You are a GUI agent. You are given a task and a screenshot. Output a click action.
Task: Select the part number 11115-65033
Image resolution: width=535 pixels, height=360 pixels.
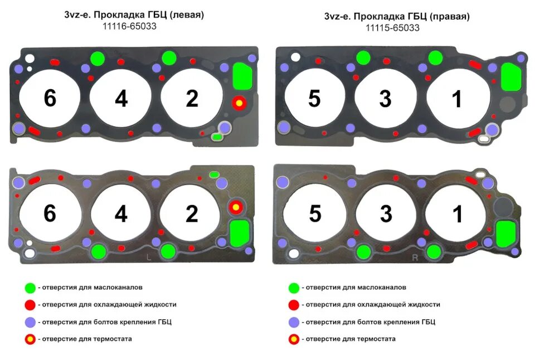tap(392, 27)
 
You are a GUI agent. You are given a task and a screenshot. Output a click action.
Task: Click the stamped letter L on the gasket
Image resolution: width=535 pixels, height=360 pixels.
tap(148, 257)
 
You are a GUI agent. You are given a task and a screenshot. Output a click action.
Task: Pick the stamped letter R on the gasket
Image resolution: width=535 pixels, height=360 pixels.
tap(415, 257)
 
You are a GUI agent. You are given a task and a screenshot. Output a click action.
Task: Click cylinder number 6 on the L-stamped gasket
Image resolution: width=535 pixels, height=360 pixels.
tap(50, 214)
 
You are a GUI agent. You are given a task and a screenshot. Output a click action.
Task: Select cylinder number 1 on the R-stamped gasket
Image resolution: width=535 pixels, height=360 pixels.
tap(457, 215)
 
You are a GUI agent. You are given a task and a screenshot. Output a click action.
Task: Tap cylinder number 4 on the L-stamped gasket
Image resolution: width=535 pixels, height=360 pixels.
tap(121, 214)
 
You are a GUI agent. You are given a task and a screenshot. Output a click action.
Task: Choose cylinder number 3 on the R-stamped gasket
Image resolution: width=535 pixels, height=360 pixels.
tap(386, 215)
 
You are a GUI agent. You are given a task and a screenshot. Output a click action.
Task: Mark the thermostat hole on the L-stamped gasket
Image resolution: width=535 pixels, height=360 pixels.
tap(236, 207)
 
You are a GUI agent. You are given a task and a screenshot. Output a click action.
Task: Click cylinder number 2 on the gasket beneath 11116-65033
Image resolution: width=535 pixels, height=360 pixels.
tap(192, 99)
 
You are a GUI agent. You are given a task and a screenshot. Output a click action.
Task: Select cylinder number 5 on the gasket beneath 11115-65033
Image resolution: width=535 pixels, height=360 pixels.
tap(314, 99)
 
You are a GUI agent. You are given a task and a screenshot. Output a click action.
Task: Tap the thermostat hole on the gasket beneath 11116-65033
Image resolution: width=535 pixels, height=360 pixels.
tap(239, 103)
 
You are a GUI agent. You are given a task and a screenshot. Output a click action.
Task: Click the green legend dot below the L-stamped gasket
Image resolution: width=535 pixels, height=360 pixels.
tap(30, 288)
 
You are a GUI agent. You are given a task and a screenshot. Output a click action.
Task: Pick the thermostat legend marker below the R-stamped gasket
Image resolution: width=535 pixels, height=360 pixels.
tap(293, 339)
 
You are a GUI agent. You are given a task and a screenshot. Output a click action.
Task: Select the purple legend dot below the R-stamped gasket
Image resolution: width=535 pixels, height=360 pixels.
tap(293, 322)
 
